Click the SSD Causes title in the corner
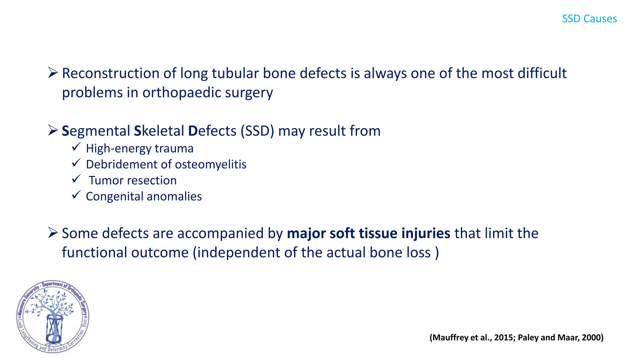coord(589,19)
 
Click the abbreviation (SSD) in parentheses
coord(257,131)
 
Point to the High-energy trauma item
coord(140,148)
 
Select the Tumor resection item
coord(132,180)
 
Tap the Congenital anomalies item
coord(144,197)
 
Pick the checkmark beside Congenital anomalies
coord(76,195)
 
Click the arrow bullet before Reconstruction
coord(53,73)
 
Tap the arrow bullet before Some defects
coord(53,233)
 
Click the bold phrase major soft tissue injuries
coord(368,233)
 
